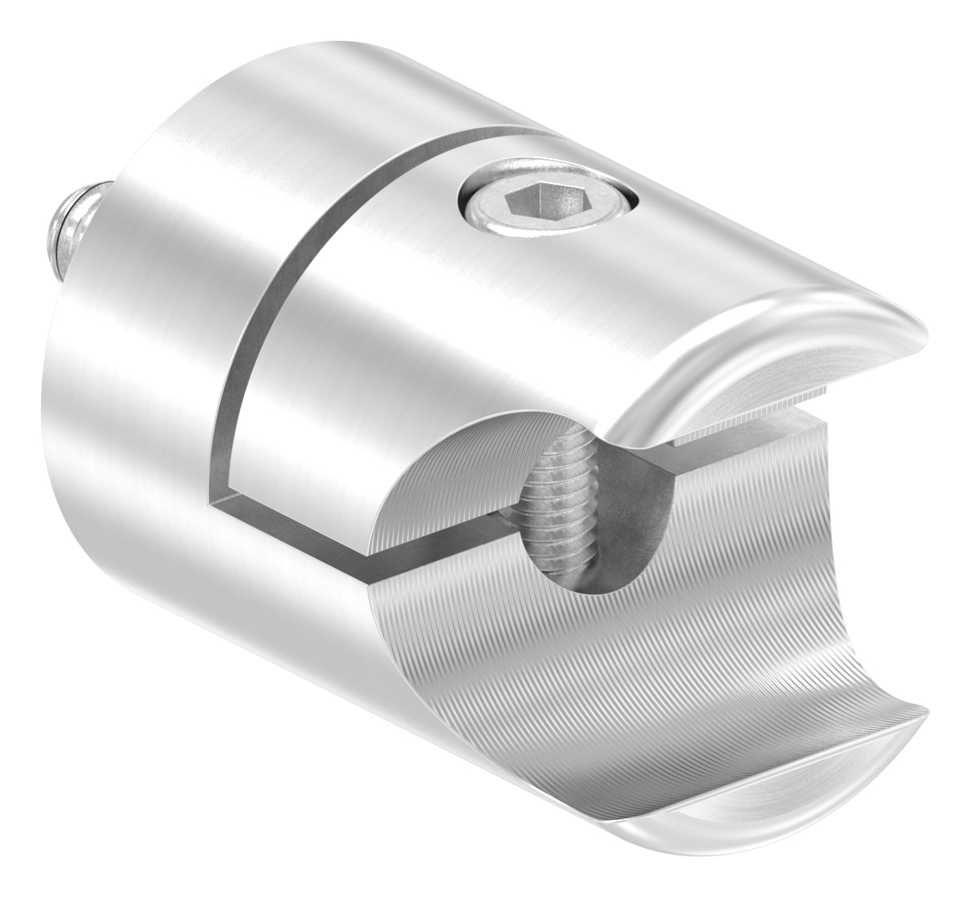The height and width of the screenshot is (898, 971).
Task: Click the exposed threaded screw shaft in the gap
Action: [561, 514]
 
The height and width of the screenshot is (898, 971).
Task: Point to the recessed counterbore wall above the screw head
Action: [554, 178]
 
